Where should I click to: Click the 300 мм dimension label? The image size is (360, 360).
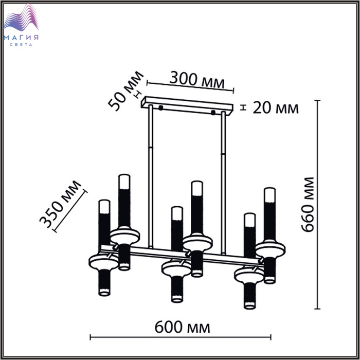tap(197, 80)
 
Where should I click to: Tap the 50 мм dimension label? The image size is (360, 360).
tap(126, 91)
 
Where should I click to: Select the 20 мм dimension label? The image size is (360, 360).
tap(276, 108)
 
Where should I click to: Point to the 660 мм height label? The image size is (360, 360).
tap(307, 205)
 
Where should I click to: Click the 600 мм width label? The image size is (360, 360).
tap(182, 327)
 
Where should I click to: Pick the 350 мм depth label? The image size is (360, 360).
tap(60, 204)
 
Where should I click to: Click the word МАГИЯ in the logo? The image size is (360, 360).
tap(21, 38)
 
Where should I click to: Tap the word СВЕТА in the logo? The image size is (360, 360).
tap(21, 45)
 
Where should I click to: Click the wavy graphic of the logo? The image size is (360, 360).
tap(21, 18)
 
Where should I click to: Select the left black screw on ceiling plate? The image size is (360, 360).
tap(160, 107)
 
